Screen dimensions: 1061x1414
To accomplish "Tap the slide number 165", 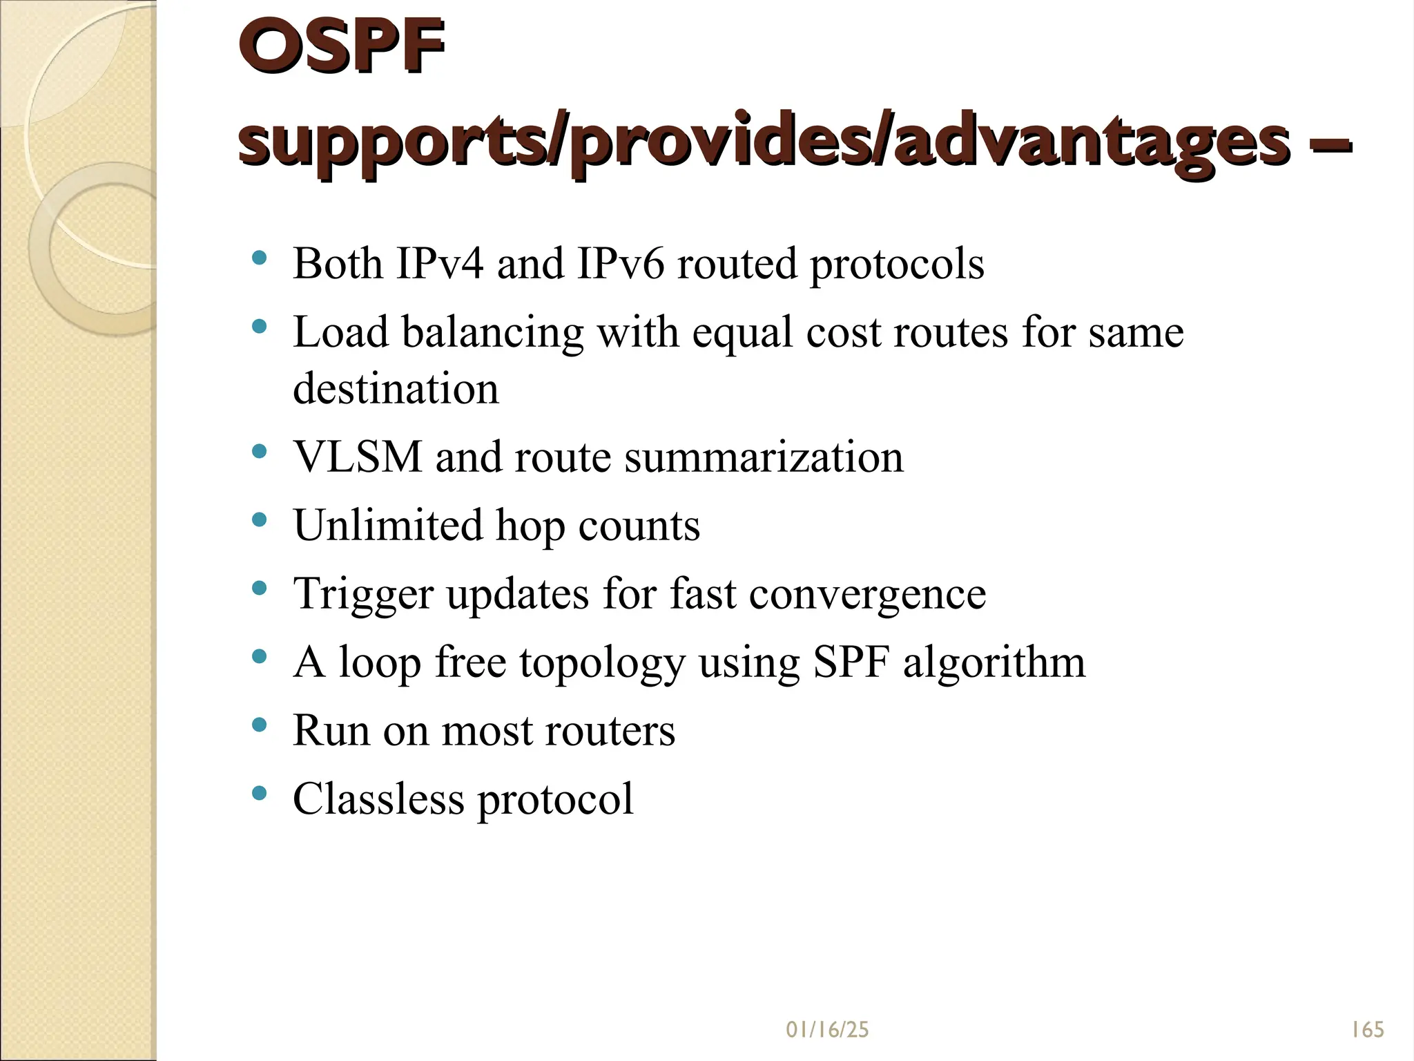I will pos(1367,1030).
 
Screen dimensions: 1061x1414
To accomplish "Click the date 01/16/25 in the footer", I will pos(827,1030).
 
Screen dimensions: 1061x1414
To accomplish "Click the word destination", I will pos(396,388).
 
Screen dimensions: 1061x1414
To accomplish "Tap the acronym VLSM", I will pos(357,457).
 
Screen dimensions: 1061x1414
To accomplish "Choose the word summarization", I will pos(764,457).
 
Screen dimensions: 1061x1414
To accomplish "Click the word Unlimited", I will pos(387,525).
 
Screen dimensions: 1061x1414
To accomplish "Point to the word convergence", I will pos(867,594).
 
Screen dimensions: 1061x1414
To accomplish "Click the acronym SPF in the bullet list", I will pos(851,662).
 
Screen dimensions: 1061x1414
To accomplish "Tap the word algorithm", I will pos(994,662).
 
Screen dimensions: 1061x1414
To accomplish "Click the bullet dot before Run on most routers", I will pos(260,725).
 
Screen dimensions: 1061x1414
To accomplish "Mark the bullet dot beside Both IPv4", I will pos(260,258).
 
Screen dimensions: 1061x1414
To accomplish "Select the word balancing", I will pos(492,332).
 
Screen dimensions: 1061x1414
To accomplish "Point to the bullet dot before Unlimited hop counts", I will pos(260,520).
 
